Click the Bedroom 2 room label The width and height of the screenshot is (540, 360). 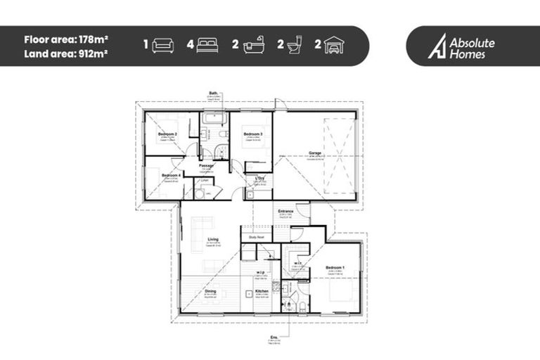click(167, 134)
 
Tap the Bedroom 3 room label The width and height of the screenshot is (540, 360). click(253, 134)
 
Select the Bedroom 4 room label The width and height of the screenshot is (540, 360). click(172, 175)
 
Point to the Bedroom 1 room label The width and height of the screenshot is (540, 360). click(335, 268)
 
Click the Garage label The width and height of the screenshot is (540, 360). click(315, 153)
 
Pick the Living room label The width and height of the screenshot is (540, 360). click(213, 240)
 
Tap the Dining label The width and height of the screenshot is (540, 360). click(211, 290)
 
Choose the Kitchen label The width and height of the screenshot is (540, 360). click(262, 290)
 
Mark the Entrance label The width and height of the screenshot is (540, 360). click(285, 211)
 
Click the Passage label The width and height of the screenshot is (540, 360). click(206, 166)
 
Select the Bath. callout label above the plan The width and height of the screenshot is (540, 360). click(214, 93)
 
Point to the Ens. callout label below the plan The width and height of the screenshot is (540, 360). click(274, 337)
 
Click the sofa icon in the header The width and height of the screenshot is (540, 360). click(163, 46)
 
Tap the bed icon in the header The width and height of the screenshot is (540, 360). click(207, 46)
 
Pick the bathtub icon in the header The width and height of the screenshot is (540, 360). click(253, 46)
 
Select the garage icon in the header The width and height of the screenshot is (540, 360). click(335, 46)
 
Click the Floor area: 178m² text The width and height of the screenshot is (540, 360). click(65, 39)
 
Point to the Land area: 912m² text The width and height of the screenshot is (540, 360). click(65, 53)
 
